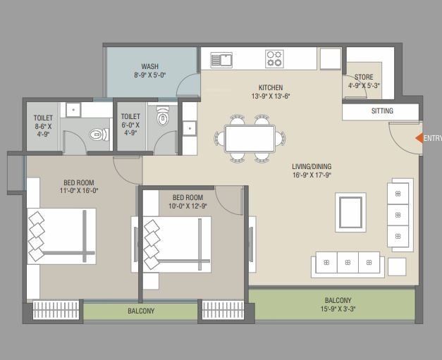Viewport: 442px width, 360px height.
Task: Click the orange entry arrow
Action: tap(419, 139)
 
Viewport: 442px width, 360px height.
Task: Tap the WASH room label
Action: tap(149, 66)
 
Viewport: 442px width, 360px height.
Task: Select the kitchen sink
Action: tap(221, 59)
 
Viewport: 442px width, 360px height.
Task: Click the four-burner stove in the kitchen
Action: tap(274, 58)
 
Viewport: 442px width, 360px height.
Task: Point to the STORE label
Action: tap(364, 77)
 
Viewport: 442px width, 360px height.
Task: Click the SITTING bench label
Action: tap(382, 111)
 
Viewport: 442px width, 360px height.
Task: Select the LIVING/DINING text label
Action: tap(312, 167)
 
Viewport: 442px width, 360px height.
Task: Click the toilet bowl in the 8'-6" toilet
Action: tap(97, 133)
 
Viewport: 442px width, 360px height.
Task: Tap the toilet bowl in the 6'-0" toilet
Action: tap(164, 117)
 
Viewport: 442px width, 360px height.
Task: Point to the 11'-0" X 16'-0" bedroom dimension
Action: tap(79, 190)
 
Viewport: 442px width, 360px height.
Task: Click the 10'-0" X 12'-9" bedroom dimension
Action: tap(188, 206)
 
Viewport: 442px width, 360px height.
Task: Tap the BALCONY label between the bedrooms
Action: tap(141, 311)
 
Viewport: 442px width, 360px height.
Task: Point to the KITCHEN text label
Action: tap(270, 88)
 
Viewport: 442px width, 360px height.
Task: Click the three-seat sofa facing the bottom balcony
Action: tap(348, 263)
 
